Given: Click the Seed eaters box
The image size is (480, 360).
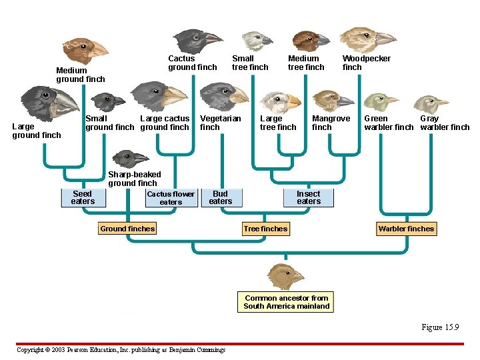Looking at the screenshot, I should coord(83,198).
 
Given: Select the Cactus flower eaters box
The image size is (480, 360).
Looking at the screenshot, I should coord(171,198).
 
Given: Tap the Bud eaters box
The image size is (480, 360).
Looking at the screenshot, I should coord(220,198).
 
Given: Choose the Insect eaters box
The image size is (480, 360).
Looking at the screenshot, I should coord(309,198).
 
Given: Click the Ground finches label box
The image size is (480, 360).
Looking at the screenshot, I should coord(127,229).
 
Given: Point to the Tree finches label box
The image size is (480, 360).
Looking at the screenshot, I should coord(265,229).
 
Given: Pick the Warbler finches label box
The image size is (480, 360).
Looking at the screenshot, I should coord(406,229).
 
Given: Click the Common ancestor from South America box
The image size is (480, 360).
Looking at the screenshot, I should coord(286,302).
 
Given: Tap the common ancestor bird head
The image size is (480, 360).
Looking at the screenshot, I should coord(285,275).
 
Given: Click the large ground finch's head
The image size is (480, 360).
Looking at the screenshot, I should coord(50,103).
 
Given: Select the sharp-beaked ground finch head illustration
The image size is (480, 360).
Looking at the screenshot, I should coord(130,159).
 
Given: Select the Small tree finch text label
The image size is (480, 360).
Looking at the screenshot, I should coord(250,63).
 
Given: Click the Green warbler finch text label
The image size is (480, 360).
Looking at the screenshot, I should coord(389,123).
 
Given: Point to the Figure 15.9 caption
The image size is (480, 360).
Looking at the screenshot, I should coord(440,327).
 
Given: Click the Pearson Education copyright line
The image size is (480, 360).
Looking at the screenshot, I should coord(121,350).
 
